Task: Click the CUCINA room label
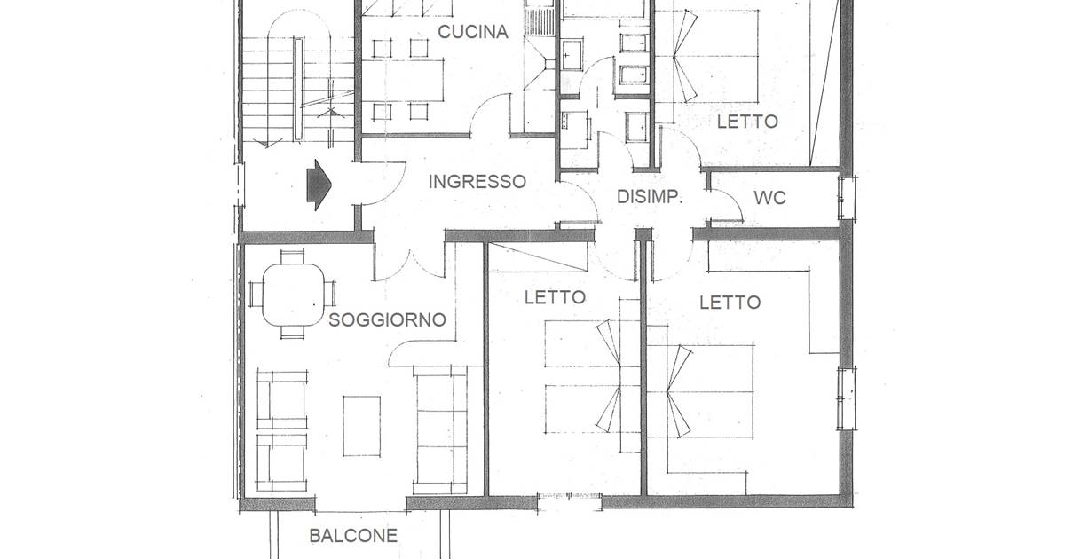click(x=472, y=32)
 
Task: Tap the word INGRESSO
click(x=477, y=182)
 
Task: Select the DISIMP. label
click(x=650, y=197)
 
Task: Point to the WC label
click(x=769, y=198)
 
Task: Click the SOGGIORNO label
click(x=387, y=320)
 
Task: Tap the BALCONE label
click(x=353, y=536)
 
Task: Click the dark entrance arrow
click(x=319, y=185)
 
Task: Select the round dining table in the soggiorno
click(x=294, y=295)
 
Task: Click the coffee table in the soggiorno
click(x=362, y=427)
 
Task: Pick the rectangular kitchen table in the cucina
click(x=403, y=80)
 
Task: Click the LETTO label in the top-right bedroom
click(x=747, y=122)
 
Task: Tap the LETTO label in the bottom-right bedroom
click(x=730, y=303)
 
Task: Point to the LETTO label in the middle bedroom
click(x=555, y=297)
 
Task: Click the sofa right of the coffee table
click(x=440, y=430)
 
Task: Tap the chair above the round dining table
click(x=292, y=256)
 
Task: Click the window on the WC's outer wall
click(x=848, y=198)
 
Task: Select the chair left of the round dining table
click(x=256, y=295)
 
